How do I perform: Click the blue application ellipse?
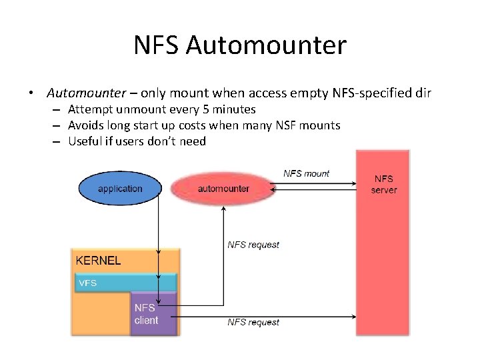[120, 188]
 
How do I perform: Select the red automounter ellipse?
[223, 188]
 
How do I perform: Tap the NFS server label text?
[384, 185]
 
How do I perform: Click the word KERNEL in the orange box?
[99, 261]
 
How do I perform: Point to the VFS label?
[88, 283]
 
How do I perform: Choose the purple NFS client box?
[153, 313]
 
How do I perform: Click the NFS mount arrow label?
[307, 173]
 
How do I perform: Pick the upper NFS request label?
[253, 245]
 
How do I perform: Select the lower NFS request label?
[253, 322]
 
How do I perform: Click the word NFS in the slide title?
[157, 45]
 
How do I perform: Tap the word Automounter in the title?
[267, 45]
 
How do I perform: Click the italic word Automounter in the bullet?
[86, 93]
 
